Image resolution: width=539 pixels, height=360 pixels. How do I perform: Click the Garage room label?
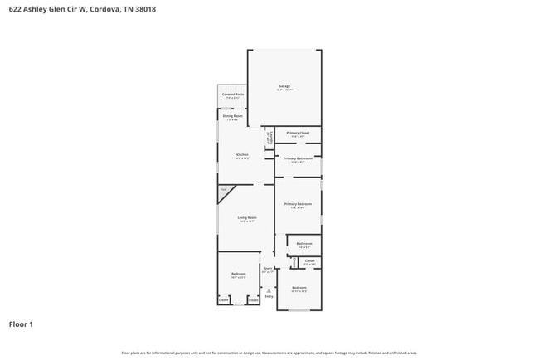pyautogui.click(x=284, y=86)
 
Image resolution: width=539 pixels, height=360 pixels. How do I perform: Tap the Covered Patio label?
pyautogui.click(x=233, y=95)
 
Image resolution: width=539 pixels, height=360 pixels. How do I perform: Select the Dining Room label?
pyautogui.click(x=233, y=116)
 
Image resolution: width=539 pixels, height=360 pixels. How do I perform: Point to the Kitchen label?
pyautogui.click(x=242, y=155)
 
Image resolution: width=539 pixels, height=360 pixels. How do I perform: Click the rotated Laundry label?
pyautogui.click(x=267, y=138)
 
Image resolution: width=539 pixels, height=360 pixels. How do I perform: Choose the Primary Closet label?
pyautogui.click(x=298, y=133)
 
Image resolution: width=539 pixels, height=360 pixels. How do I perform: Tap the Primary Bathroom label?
pyautogui.click(x=298, y=158)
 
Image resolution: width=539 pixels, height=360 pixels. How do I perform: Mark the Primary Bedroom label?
pyautogui.click(x=298, y=204)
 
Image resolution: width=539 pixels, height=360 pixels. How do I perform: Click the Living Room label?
pyautogui.click(x=247, y=218)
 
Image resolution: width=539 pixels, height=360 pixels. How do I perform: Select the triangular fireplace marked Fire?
pyautogui.click(x=224, y=192)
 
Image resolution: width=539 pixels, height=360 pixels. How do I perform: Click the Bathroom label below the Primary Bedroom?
pyautogui.click(x=303, y=243)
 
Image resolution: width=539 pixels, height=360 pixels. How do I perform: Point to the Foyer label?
pyautogui.click(x=268, y=268)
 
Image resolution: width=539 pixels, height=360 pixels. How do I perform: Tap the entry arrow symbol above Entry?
pyautogui.click(x=268, y=289)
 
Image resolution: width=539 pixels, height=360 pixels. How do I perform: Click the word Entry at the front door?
pyautogui.click(x=268, y=296)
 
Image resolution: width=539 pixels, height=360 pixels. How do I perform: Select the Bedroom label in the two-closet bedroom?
pyautogui.click(x=238, y=274)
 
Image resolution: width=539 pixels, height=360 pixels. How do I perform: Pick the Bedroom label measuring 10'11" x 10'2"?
pyautogui.click(x=299, y=288)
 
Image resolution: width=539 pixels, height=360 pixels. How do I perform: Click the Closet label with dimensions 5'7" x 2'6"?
pyautogui.click(x=309, y=261)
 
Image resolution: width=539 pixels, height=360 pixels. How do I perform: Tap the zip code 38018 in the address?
pyautogui.click(x=146, y=10)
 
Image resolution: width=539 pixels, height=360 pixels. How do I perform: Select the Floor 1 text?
pyautogui.click(x=21, y=324)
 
